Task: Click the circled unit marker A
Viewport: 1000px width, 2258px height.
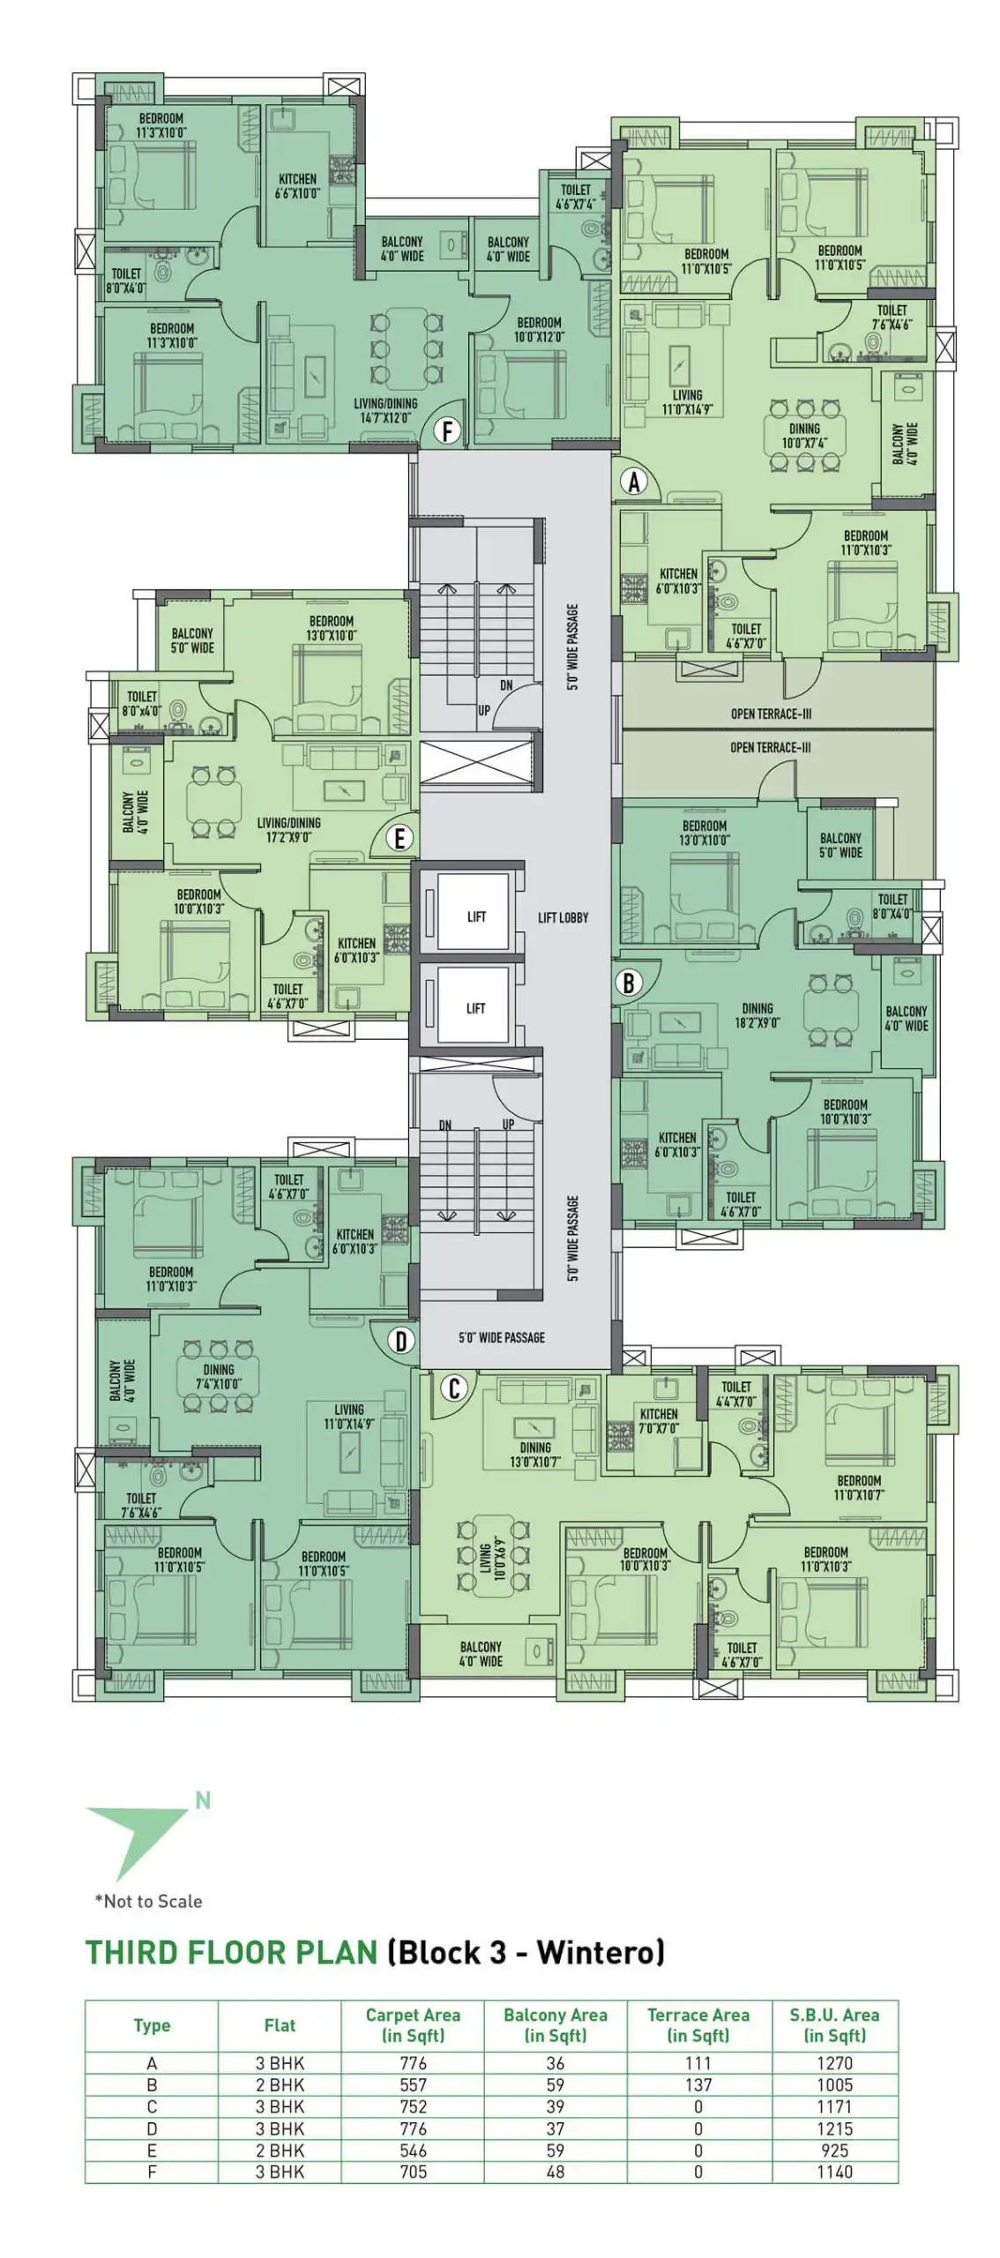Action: click(633, 482)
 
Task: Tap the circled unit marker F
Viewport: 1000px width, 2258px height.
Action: click(448, 432)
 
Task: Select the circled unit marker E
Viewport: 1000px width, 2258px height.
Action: click(399, 838)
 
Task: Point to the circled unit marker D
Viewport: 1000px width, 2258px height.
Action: click(401, 1342)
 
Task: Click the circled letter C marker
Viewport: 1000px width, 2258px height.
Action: click(454, 1388)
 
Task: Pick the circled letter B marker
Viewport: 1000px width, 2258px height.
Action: click(629, 983)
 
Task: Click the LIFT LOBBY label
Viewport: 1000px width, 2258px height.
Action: click(563, 917)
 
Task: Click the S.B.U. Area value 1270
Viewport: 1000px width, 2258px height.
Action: click(834, 2062)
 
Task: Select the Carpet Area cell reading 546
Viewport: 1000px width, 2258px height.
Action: click(413, 2150)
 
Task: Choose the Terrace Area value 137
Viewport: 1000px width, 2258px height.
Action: click(698, 2084)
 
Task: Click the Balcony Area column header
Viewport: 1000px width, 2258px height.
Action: click(556, 2024)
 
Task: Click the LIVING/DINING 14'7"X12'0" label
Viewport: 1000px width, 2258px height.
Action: click(385, 410)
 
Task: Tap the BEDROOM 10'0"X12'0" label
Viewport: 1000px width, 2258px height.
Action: click(539, 329)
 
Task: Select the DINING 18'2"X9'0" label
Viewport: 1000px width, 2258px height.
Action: click(757, 1015)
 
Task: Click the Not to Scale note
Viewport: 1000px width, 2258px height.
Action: click(148, 1901)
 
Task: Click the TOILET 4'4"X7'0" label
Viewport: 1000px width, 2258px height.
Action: click(736, 1394)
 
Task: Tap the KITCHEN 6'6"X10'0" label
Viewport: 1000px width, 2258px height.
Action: click(297, 185)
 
